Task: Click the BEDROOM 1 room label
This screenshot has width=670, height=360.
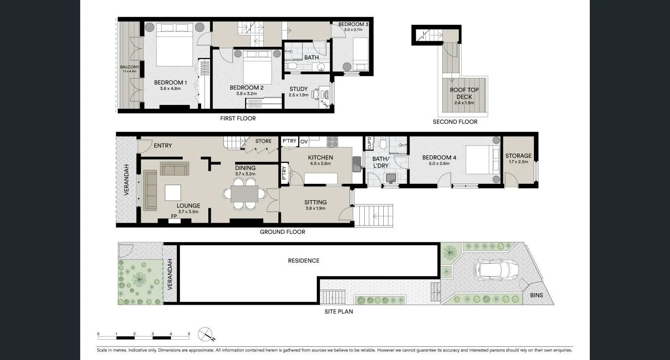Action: pyautogui.click(x=171, y=83)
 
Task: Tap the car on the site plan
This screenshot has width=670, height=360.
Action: pyautogui.click(x=495, y=269)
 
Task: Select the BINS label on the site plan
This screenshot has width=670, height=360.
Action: pyautogui.click(x=536, y=295)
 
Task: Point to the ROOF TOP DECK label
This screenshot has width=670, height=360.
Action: pyautogui.click(x=464, y=93)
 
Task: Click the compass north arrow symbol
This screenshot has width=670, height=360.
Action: pyautogui.click(x=206, y=334)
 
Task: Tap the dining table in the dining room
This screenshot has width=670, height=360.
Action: pyautogui.click(x=245, y=194)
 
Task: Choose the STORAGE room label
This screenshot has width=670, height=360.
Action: pyautogui.click(x=518, y=156)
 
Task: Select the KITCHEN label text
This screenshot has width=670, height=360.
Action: pyautogui.click(x=320, y=158)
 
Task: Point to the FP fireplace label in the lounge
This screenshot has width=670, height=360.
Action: pyautogui.click(x=174, y=216)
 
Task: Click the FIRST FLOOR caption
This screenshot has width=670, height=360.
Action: pyautogui.click(x=238, y=118)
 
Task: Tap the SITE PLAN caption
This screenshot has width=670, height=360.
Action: pyautogui.click(x=339, y=312)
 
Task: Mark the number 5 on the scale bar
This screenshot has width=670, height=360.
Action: pyautogui.click(x=189, y=334)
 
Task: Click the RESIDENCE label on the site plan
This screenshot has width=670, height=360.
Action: pyautogui.click(x=304, y=261)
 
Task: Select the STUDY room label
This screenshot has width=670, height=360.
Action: pyautogui.click(x=299, y=89)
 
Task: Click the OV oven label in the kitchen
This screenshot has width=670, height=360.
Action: pyautogui.click(x=304, y=142)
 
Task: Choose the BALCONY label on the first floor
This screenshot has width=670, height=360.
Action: pyautogui.click(x=129, y=67)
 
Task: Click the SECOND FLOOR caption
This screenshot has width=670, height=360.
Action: pyautogui.click(x=455, y=122)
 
